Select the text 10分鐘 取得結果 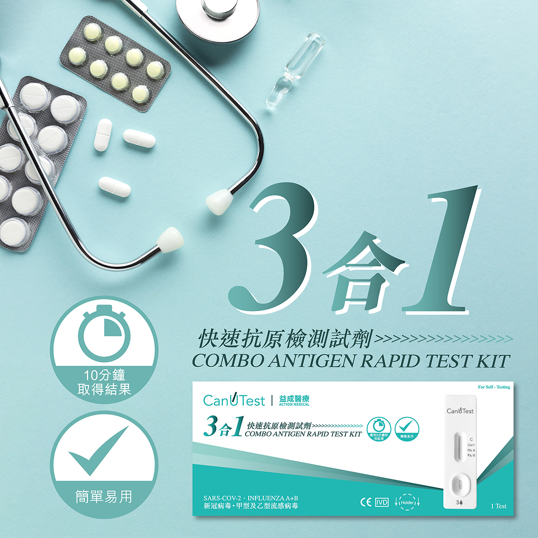(x=104, y=382)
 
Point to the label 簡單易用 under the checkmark (x=104, y=497)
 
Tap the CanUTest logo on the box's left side (x=234, y=400)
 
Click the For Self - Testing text (x=494, y=387)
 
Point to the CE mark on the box (x=365, y=502)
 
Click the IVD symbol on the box (x=382, y=502)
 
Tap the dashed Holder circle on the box (x=407, y=502)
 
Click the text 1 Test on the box (x=498, y=506)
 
